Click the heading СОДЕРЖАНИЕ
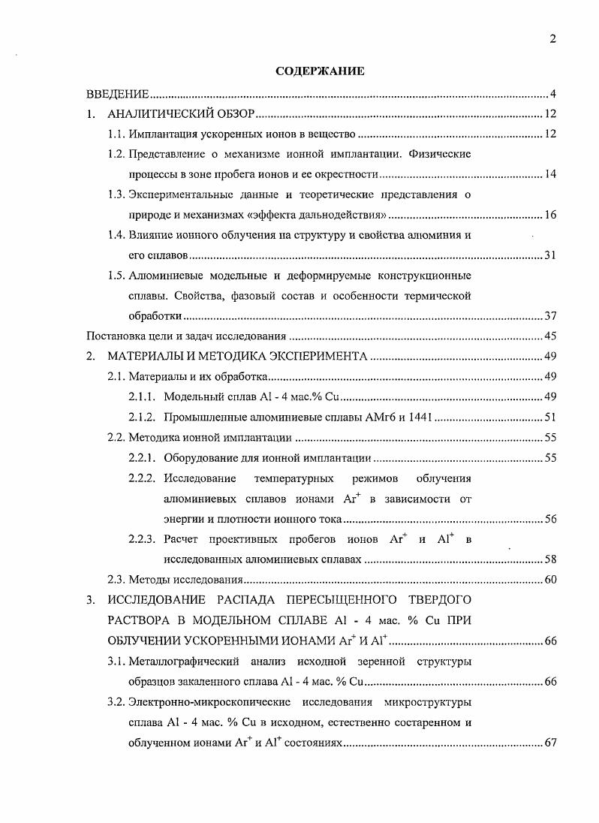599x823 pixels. pos(320,72)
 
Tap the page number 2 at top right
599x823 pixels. pos(552,40)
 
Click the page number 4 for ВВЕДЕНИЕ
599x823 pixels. pos(552,94)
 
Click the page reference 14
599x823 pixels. pos(549,175)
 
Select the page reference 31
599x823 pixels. pos(549,256)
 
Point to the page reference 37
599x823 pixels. pos(549,316)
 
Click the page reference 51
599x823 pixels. pos(549,417)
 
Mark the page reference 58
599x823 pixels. pos(549,559)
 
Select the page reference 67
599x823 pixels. pos(549,743)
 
